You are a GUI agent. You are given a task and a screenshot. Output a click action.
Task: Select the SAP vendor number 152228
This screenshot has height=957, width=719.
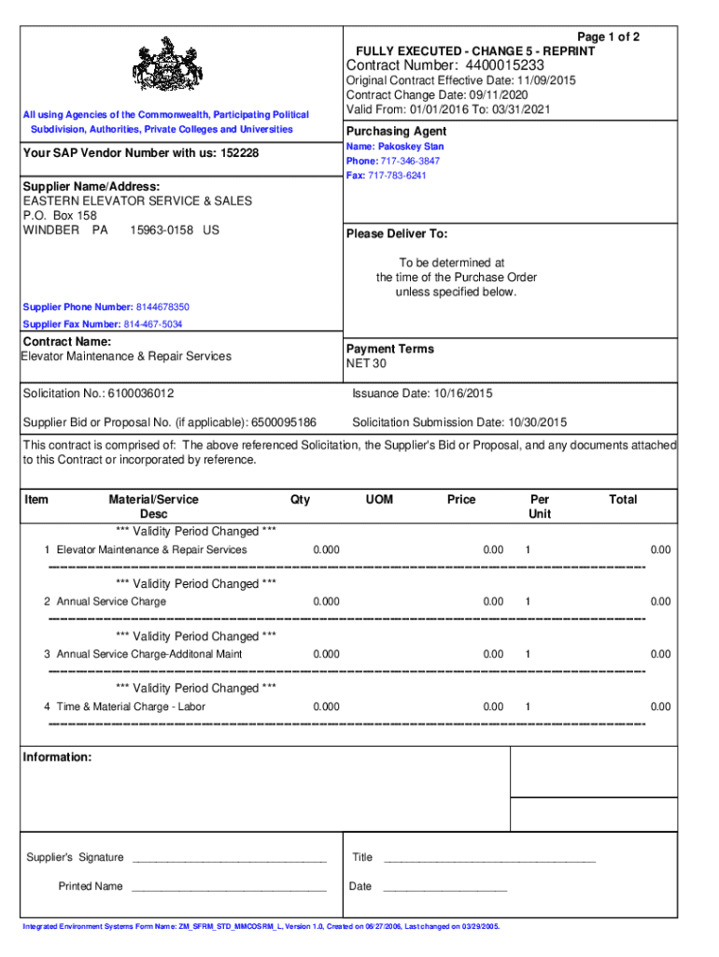point(239,152)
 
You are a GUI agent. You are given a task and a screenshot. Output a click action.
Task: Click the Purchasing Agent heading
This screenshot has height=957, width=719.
point(396,132)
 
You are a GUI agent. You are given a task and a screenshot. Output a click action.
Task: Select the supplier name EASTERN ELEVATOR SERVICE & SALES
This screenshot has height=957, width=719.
point(137,201)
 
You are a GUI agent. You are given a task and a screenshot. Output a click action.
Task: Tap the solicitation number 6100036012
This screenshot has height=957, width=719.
point(140,393)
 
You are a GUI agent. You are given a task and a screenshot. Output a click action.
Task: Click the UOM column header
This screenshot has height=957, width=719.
point(379,500)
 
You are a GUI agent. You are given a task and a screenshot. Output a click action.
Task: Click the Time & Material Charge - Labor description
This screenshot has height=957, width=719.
point(131,707)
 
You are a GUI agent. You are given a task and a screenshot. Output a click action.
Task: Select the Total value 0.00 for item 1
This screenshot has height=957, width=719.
point(660,550)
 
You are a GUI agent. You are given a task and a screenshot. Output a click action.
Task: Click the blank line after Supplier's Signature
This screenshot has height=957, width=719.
point(229,858)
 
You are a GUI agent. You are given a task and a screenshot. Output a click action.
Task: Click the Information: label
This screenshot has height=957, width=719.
point(57,757)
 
